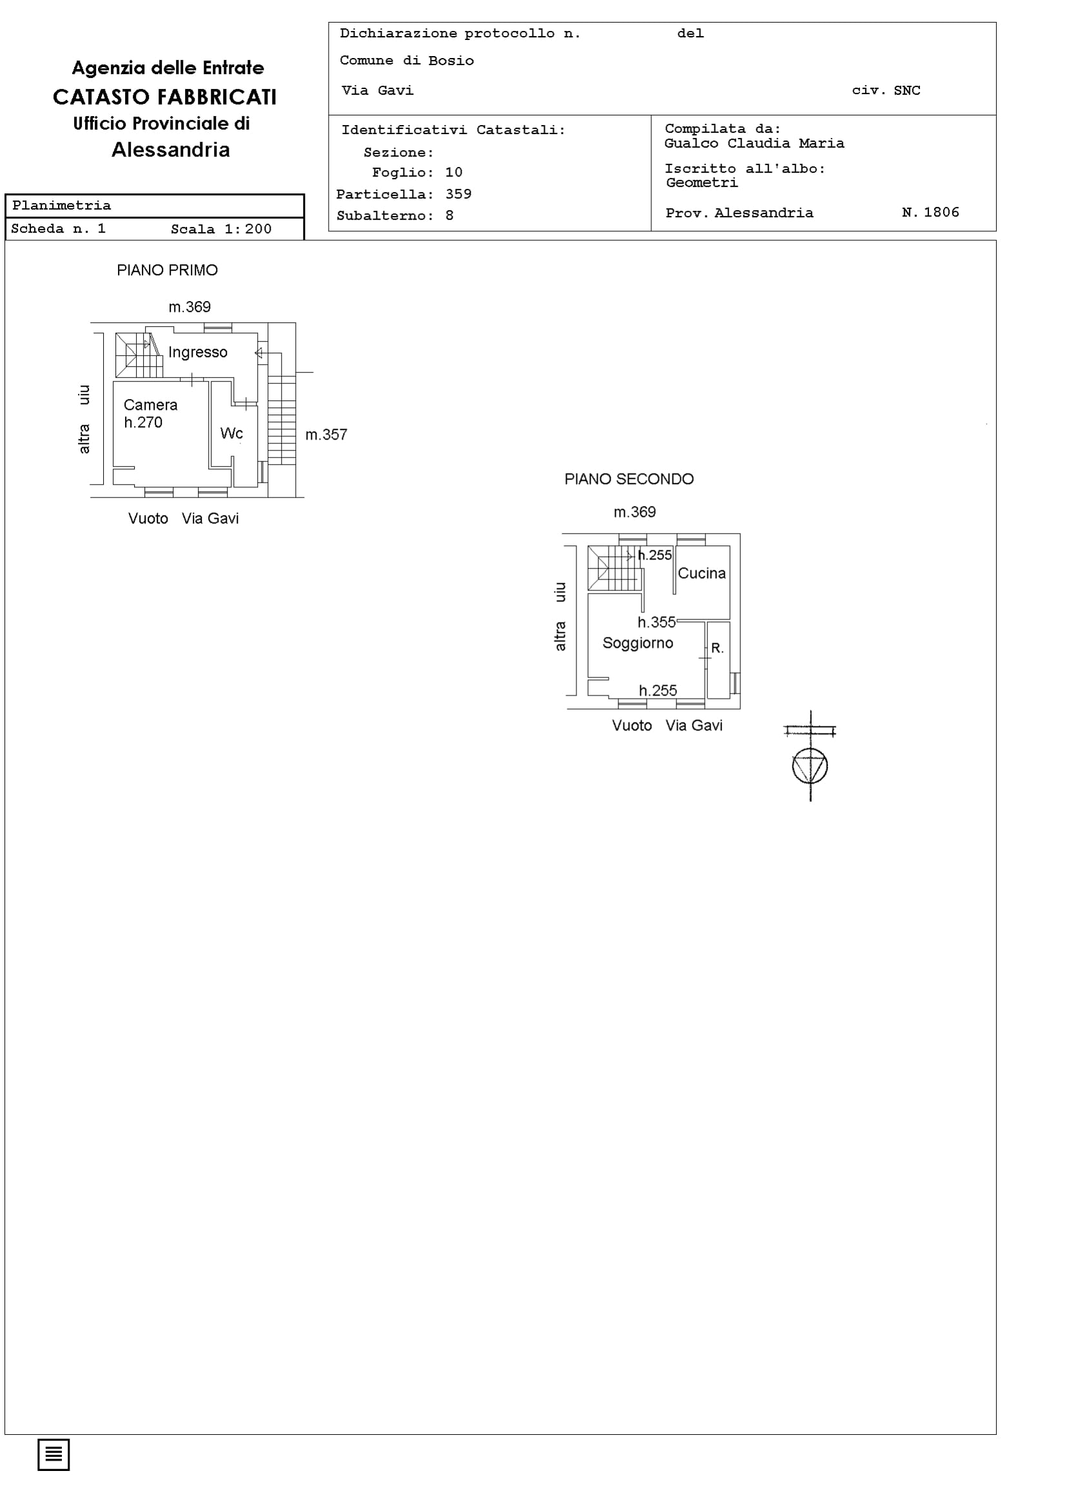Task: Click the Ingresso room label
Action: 198,353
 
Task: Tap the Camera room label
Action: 151,405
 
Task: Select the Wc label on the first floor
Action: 231,433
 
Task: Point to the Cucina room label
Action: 701,573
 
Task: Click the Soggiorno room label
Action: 638,643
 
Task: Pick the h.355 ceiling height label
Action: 656,622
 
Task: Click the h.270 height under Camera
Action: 142,423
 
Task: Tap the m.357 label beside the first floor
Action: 326,434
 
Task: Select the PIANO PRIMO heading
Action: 167,270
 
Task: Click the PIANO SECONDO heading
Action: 629,479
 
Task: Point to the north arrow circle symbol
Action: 810,766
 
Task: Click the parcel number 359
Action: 458,194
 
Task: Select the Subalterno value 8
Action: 449,215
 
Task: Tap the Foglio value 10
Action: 454,172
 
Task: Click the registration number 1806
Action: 941,212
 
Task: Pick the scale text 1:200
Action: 248,229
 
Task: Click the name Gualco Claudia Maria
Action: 754,143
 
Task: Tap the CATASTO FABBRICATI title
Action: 165,97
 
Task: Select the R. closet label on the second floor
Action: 718,648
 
